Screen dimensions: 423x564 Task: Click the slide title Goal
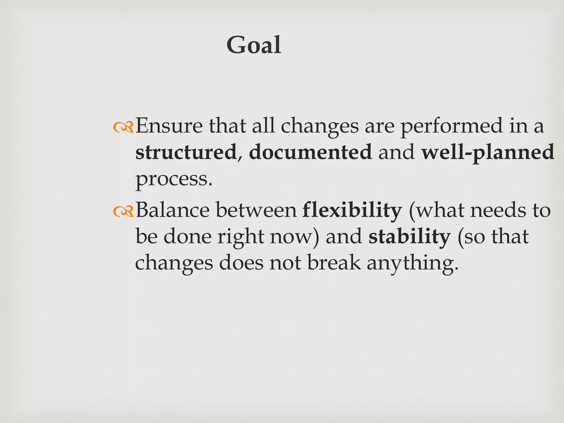[x=254, y=45]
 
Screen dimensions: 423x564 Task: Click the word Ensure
[x=169, y=126]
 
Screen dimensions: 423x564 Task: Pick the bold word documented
[x=310, y=152]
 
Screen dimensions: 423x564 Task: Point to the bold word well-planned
[x=488, y=152]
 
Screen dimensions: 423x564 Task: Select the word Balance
[x=173, y=210]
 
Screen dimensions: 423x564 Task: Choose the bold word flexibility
[x=352, y=210]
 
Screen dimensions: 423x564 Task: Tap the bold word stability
[x=409, y=237]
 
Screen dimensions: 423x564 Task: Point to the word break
[x=334, y=262]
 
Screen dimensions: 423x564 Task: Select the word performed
[x=451, y=126]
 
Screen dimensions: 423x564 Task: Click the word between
[x=256, y=210]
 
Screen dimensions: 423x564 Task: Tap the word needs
[x=497, y=210]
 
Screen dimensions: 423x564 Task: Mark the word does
[x=241, y=262]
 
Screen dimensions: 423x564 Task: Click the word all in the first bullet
[x=264, y=126]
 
